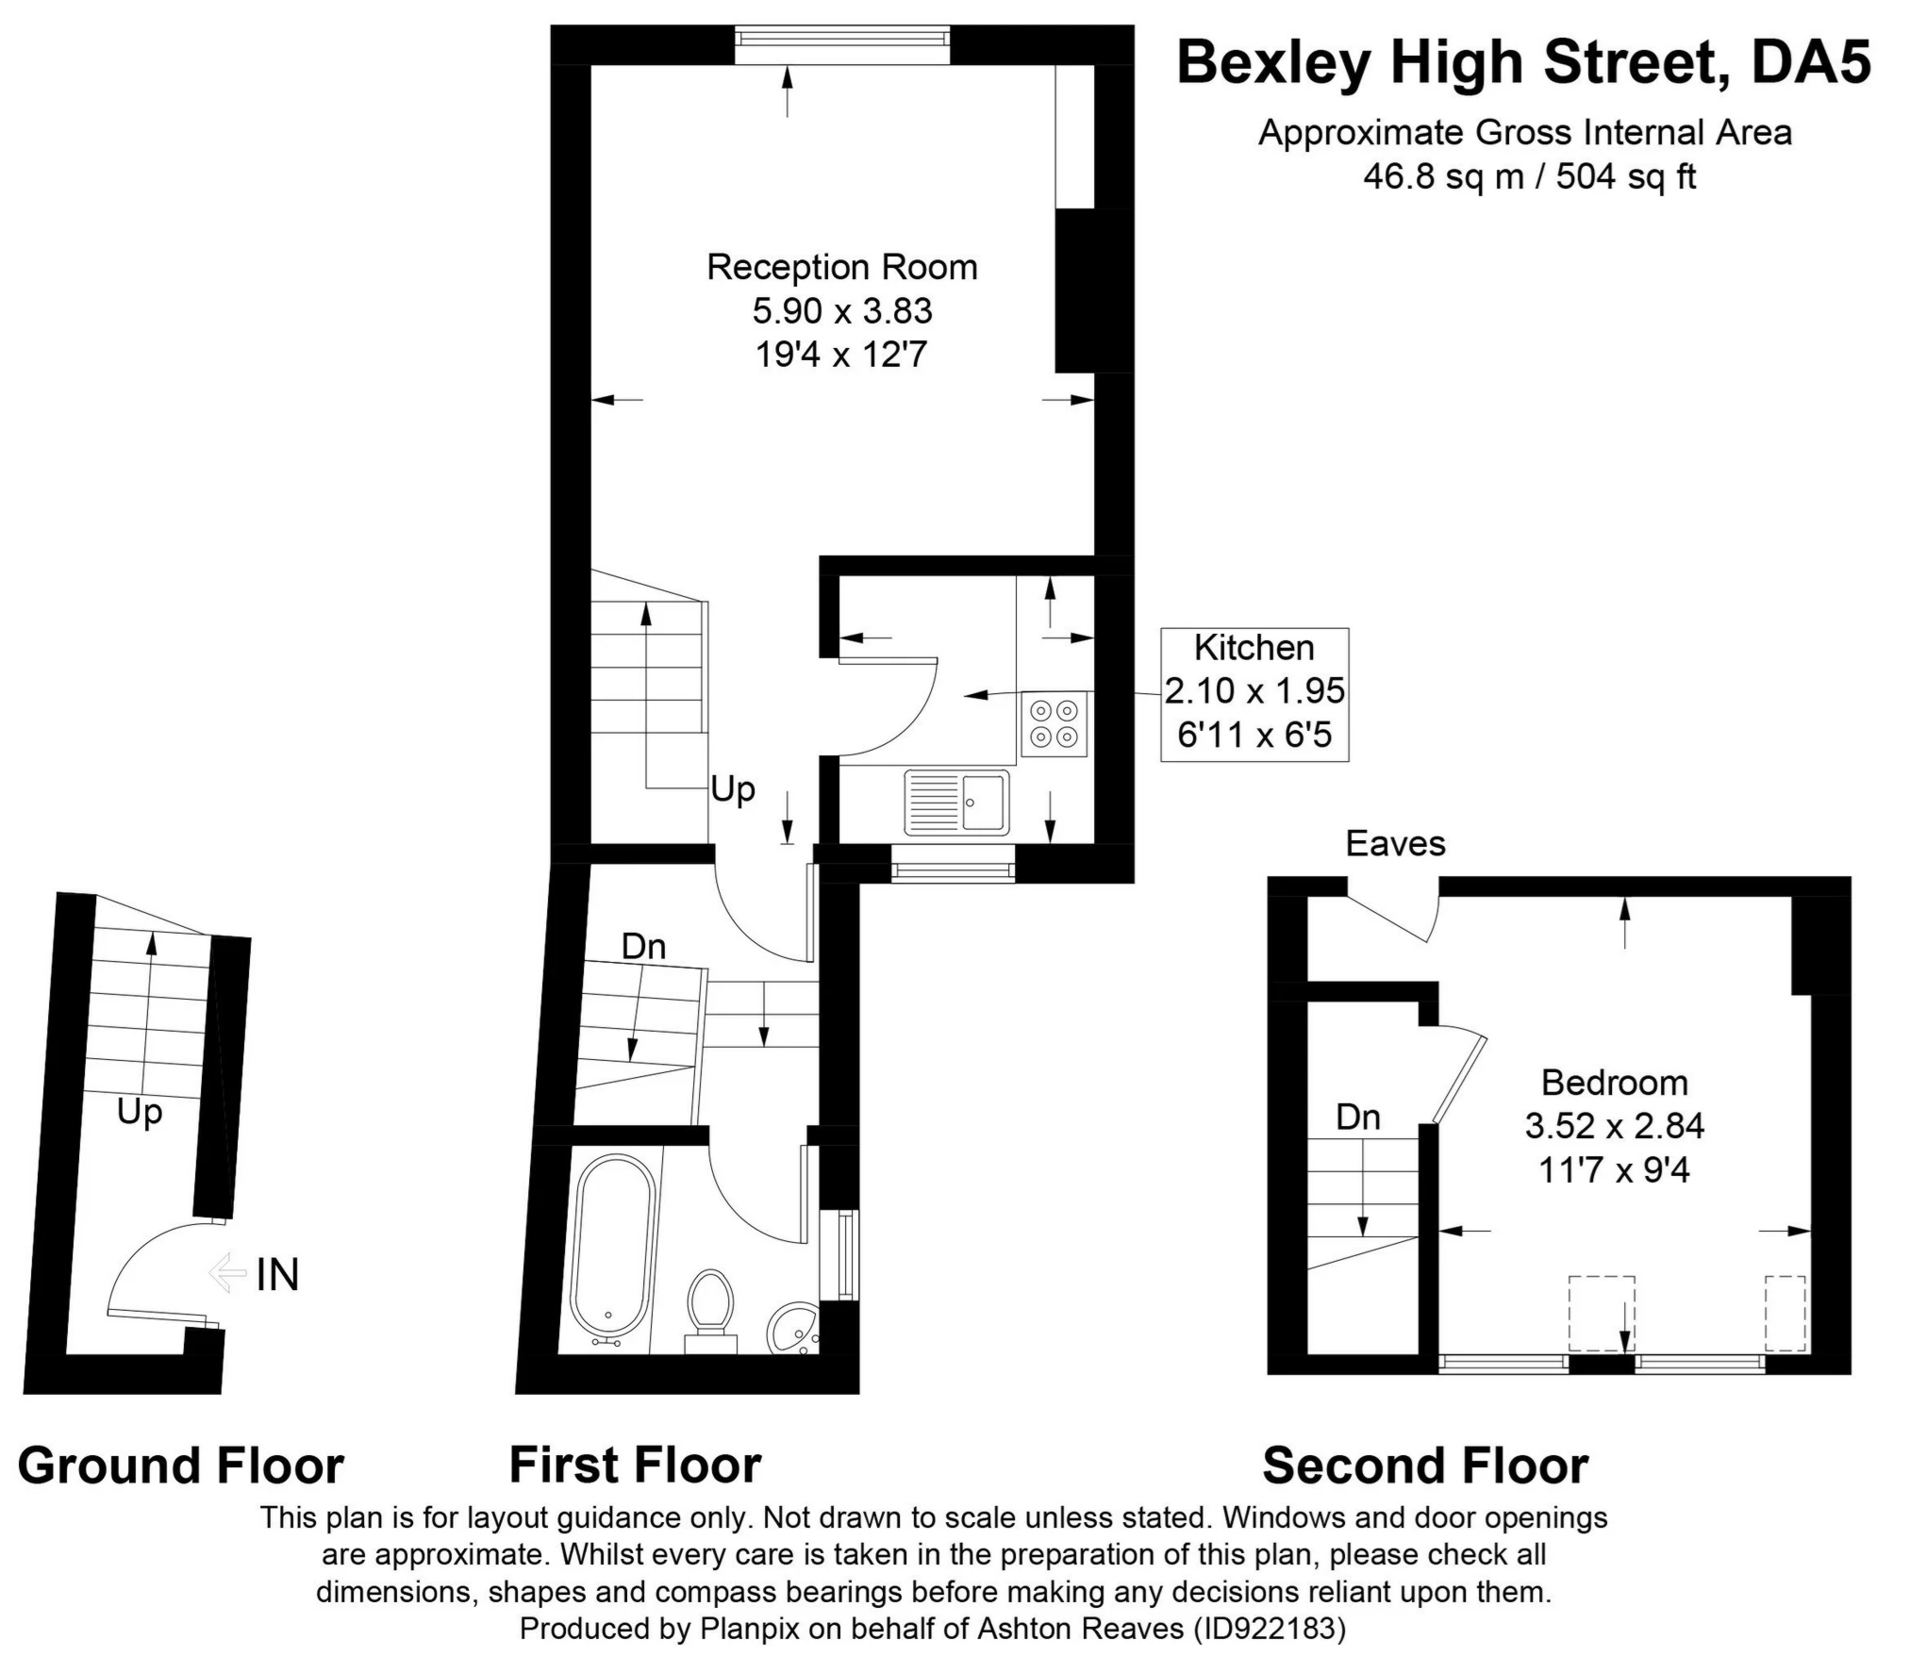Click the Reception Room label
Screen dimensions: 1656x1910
[841, 268]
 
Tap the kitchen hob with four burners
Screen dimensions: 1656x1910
[1054, 723]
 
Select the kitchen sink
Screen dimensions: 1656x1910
[956, 803]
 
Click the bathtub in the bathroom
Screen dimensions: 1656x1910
[612, 1250]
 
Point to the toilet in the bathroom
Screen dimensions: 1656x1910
[710, 1306]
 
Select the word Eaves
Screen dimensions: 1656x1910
[1394, 844]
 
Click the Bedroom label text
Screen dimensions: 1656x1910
[1614, 1083]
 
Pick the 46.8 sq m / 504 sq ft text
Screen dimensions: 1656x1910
[1529, 176]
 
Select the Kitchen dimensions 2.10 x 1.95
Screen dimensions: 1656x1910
[1254, 691]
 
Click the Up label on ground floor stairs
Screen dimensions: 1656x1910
[140, 1113]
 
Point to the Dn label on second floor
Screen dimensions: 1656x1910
[1357, 1118]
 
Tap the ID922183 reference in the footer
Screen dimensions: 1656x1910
[1269, 1629]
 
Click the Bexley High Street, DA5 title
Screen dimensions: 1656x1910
[1523, 63]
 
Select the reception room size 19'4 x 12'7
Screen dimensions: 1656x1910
[841, 356]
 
